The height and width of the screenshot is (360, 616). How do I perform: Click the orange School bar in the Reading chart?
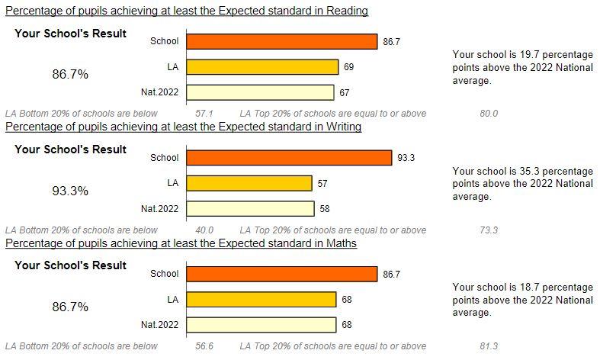(x=282, y=42)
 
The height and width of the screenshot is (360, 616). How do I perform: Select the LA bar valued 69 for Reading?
(x=262, y=67)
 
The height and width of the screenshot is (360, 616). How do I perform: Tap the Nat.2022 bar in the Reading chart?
(x=261, y=92)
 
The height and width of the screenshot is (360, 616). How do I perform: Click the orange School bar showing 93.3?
(x=289, y=158)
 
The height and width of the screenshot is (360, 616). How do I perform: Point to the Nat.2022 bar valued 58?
(x=250, y=208)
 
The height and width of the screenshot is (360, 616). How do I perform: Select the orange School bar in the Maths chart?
(x=282, y=274)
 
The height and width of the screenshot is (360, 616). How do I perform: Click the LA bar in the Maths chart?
(x=261, y=299)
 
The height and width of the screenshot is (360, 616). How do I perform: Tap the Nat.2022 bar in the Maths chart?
(x=261, y=324)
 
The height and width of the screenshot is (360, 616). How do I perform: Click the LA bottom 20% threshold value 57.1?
(x=204, y=114)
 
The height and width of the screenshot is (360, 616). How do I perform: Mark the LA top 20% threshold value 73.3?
(x=489, y=230)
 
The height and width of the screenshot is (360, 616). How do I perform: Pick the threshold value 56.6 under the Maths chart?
(x=204, y=346)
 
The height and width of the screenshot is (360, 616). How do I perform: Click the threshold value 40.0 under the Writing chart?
(x=204, y=230)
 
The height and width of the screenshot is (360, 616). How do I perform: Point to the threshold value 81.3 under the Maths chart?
(x=489, y=346)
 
